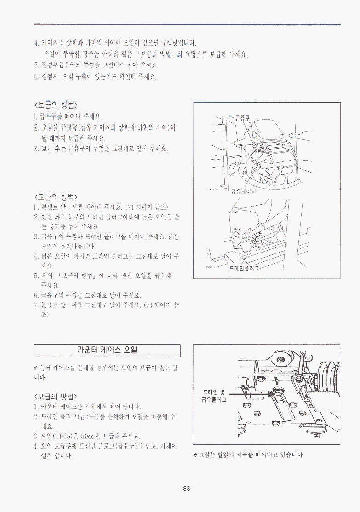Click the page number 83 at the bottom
187,489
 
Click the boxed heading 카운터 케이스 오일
107,351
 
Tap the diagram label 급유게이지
244,192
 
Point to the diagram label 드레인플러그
245,268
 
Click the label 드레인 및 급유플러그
214,396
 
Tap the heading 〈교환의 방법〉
56,197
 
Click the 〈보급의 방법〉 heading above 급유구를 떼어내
56,105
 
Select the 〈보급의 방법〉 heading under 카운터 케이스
56,397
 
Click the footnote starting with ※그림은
248,454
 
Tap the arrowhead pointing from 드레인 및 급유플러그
269,394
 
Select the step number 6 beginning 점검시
36,77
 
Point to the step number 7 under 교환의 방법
36,305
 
